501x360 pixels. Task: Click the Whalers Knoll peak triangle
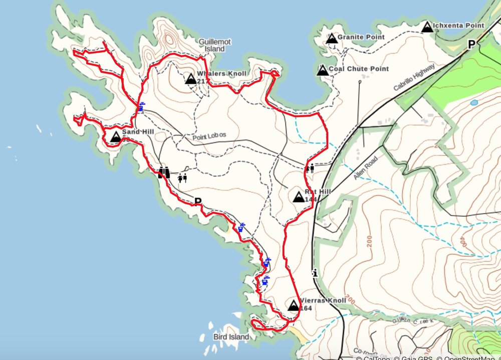tap(190, 79)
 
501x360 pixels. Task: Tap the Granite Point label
tap(361, 37)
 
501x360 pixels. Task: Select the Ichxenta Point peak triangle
tap(427, 27)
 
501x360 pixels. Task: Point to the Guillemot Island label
tap(214, 46)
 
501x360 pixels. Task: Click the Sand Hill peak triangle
tap(115, 136)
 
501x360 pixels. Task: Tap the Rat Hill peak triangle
tap(298, 197)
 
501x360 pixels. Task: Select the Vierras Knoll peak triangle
tap(294, 305)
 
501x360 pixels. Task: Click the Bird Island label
tap(231, 337)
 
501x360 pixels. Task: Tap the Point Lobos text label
tap(209, 136)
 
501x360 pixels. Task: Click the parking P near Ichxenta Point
tap(471, 45)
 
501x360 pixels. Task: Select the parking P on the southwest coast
tap(198, 202)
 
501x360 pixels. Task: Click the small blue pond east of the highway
tap(474, 102)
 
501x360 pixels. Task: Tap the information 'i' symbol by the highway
tap(315, 273)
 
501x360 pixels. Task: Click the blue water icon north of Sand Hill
tap(142, 106)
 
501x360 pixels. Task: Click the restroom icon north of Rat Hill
tap(310, 168)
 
